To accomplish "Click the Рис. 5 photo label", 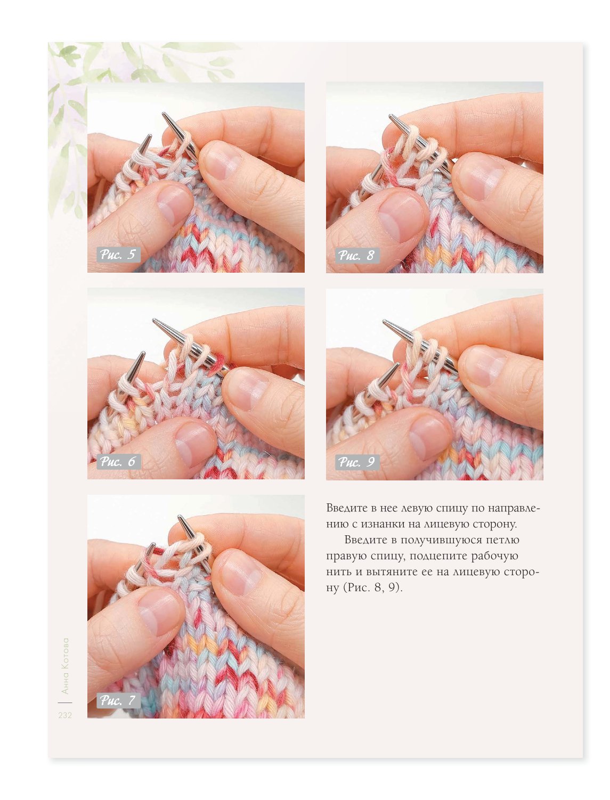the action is (x=118, y=255).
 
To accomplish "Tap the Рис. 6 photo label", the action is (x=118, y=462).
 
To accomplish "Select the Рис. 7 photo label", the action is (x=118, y=700).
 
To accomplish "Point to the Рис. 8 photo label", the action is (x=357, y=255).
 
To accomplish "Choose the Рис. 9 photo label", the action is (x=357, y=462).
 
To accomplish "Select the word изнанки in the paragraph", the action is (x=385, y=524).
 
